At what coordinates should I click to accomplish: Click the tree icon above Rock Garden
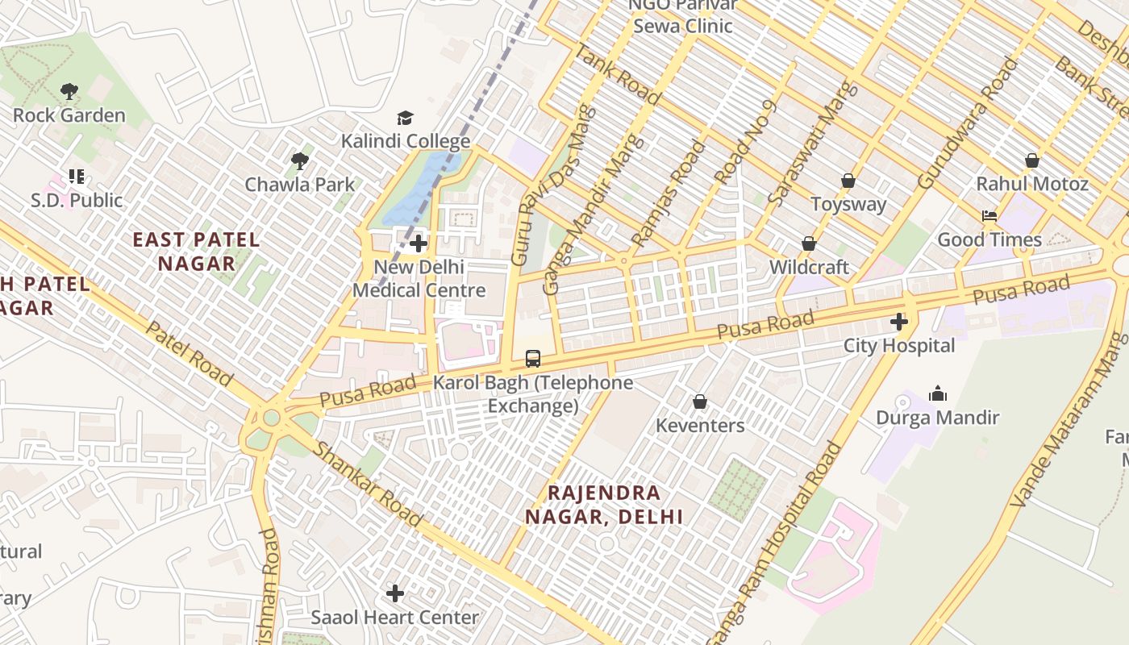69,91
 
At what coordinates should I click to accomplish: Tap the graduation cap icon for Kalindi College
405,119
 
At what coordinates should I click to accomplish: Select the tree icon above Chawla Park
300,161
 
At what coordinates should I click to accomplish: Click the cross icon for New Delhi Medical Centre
418,243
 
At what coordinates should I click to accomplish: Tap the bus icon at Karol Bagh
532,359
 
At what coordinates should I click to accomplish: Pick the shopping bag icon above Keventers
700,402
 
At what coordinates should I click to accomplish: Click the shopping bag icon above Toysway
848,181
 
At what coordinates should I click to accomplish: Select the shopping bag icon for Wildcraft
809,243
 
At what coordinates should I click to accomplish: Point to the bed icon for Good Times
989,216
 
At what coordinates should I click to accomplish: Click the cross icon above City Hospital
898,322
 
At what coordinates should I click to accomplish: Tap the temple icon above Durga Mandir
937,394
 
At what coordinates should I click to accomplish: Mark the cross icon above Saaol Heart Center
394,594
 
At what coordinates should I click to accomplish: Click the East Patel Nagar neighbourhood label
196,252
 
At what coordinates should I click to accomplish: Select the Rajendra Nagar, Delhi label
604,505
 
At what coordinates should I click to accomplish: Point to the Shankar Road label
368,484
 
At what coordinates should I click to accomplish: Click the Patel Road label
189,356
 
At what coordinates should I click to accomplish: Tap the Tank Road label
617,73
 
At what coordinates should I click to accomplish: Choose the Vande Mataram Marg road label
1069,419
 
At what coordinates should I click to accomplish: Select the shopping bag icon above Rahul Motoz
1031,160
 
